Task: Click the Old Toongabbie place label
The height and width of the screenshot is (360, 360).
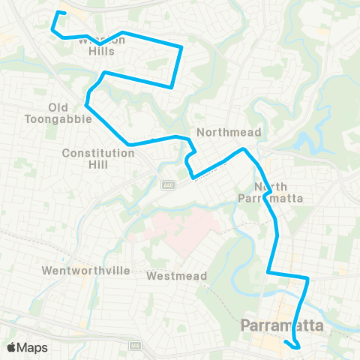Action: (x=69, y=112)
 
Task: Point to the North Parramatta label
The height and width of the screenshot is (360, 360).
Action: (x=278, y=193)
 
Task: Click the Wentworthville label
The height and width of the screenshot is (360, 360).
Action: (x=85, y=270)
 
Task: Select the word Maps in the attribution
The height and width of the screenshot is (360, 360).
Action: (x=32, y=348)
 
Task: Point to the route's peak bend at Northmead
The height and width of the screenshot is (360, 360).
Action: (x=243, y=149)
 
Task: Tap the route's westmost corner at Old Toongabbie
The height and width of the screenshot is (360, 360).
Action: (x=88, y=104)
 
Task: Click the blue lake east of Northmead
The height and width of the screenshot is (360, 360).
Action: (x=307, y=142)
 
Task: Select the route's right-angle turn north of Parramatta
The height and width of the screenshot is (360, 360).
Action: (x=307, y=278)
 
